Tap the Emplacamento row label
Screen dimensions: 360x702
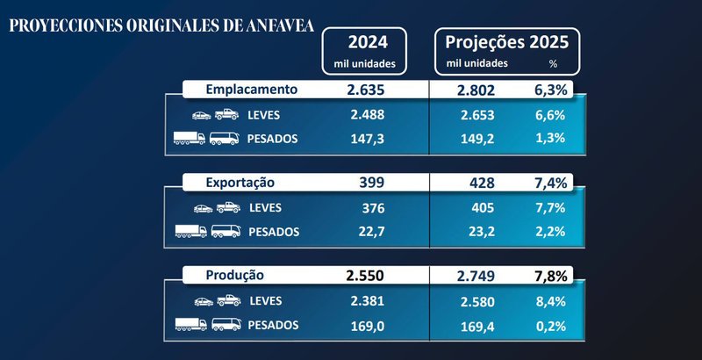coord(252,90)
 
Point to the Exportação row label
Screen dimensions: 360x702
coord(240,183)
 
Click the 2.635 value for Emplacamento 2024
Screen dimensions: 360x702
coord(366,90)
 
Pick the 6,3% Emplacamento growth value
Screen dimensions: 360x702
coord(554,90)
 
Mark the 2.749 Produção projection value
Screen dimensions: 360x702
coord(476,276)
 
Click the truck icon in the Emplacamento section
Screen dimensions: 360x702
coord(190,139)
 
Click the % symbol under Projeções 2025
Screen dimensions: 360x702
coord(553,64)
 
